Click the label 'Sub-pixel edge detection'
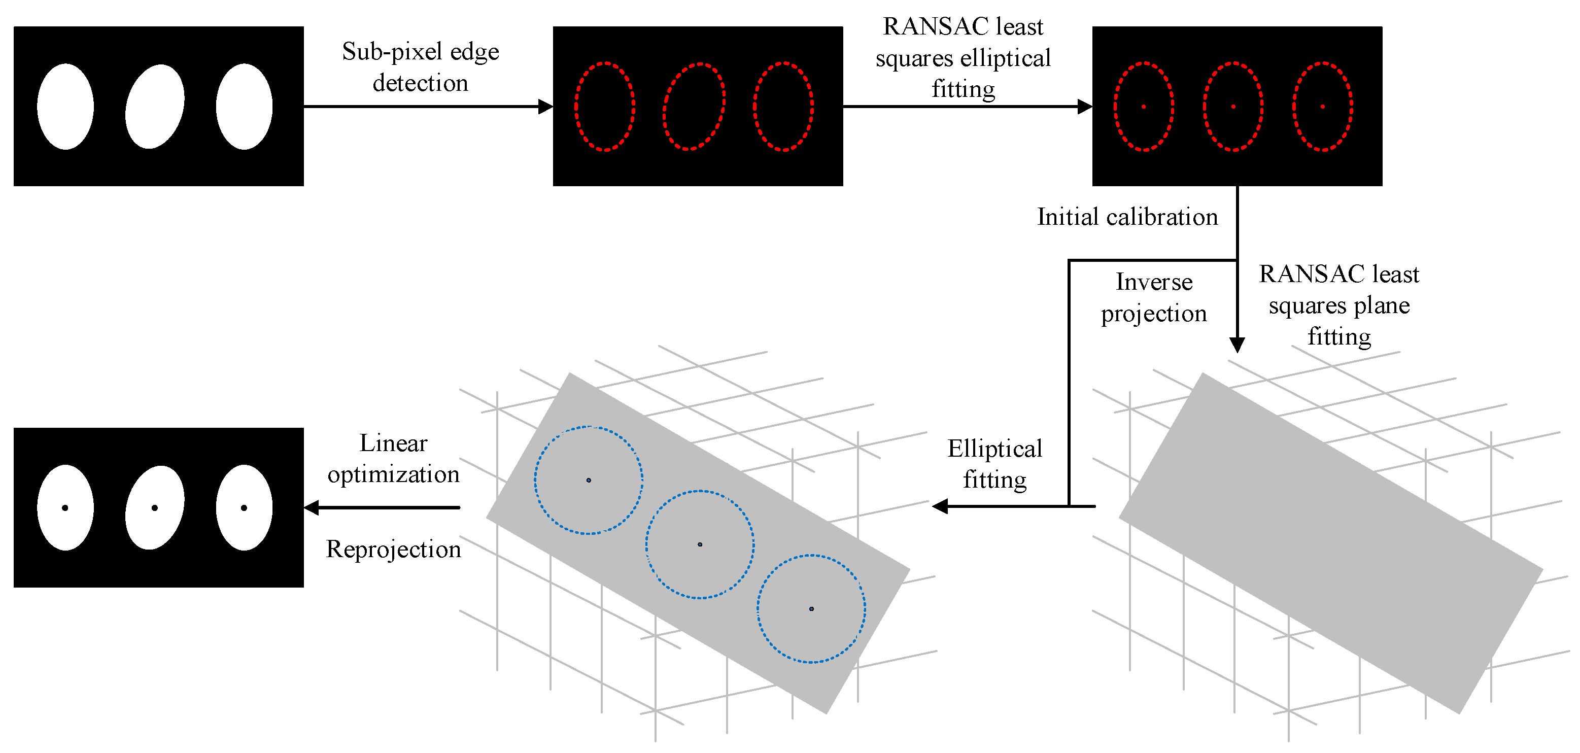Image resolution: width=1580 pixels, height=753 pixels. click(420, 67)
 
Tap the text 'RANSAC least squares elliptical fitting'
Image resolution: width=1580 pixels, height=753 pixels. click(963, 58)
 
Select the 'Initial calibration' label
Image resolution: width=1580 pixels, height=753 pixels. click(1127, 217)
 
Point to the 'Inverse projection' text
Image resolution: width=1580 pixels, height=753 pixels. click(1153, 297)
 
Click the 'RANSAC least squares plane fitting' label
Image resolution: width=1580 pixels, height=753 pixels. click(1338, 305)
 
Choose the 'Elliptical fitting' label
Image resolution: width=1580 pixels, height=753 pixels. click(994, 464)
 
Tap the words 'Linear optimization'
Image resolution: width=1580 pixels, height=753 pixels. click(393, 458)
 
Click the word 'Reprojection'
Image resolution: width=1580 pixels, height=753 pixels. click(393, 549)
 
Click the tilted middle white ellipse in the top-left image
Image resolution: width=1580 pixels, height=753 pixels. click(155, 106)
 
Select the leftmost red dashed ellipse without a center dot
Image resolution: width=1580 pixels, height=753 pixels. click(605, 106)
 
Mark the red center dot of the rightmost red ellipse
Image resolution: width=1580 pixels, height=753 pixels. click(1322, 107)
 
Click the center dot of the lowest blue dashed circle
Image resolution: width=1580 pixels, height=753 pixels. click(811, 609)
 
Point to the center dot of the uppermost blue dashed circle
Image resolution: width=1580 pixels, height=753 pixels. click(589, 480)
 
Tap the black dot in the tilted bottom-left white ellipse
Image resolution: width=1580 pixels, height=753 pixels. click(155, 508)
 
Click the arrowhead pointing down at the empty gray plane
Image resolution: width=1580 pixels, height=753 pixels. click(1237, 345)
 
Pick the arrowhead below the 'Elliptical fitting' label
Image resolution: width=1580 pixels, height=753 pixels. click(940, 506)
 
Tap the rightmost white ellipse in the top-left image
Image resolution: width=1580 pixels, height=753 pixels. click(244, 106)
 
